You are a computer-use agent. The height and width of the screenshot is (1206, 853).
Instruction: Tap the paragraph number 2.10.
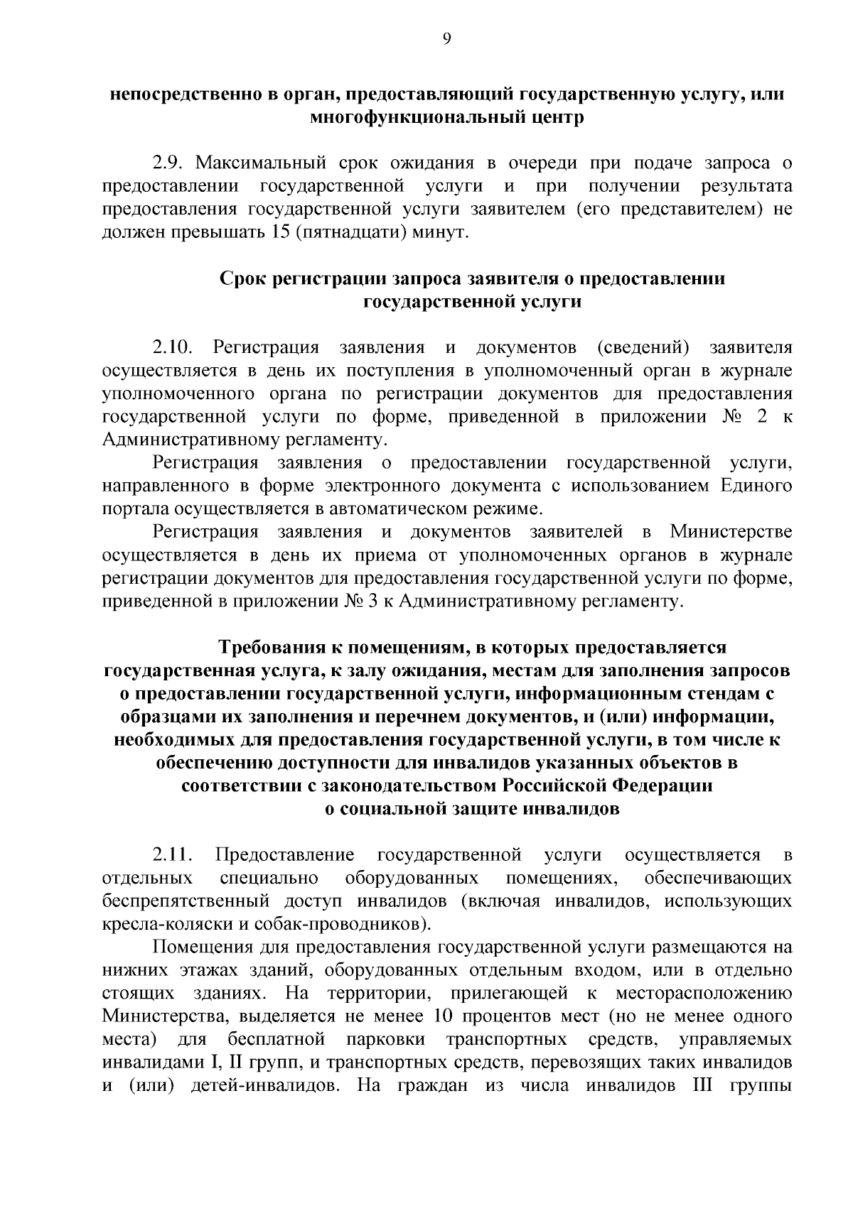click(x=172, y=347)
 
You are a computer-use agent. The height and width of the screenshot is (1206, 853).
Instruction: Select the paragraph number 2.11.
click(x=172, y=854)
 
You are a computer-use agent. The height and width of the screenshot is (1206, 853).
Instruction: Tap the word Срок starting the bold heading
click(x=243, y=278)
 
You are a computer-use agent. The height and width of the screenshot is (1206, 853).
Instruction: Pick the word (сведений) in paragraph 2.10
click(x=643, y=347)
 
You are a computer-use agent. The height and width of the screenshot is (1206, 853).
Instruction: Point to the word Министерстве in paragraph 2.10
click(x=730, y=532)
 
